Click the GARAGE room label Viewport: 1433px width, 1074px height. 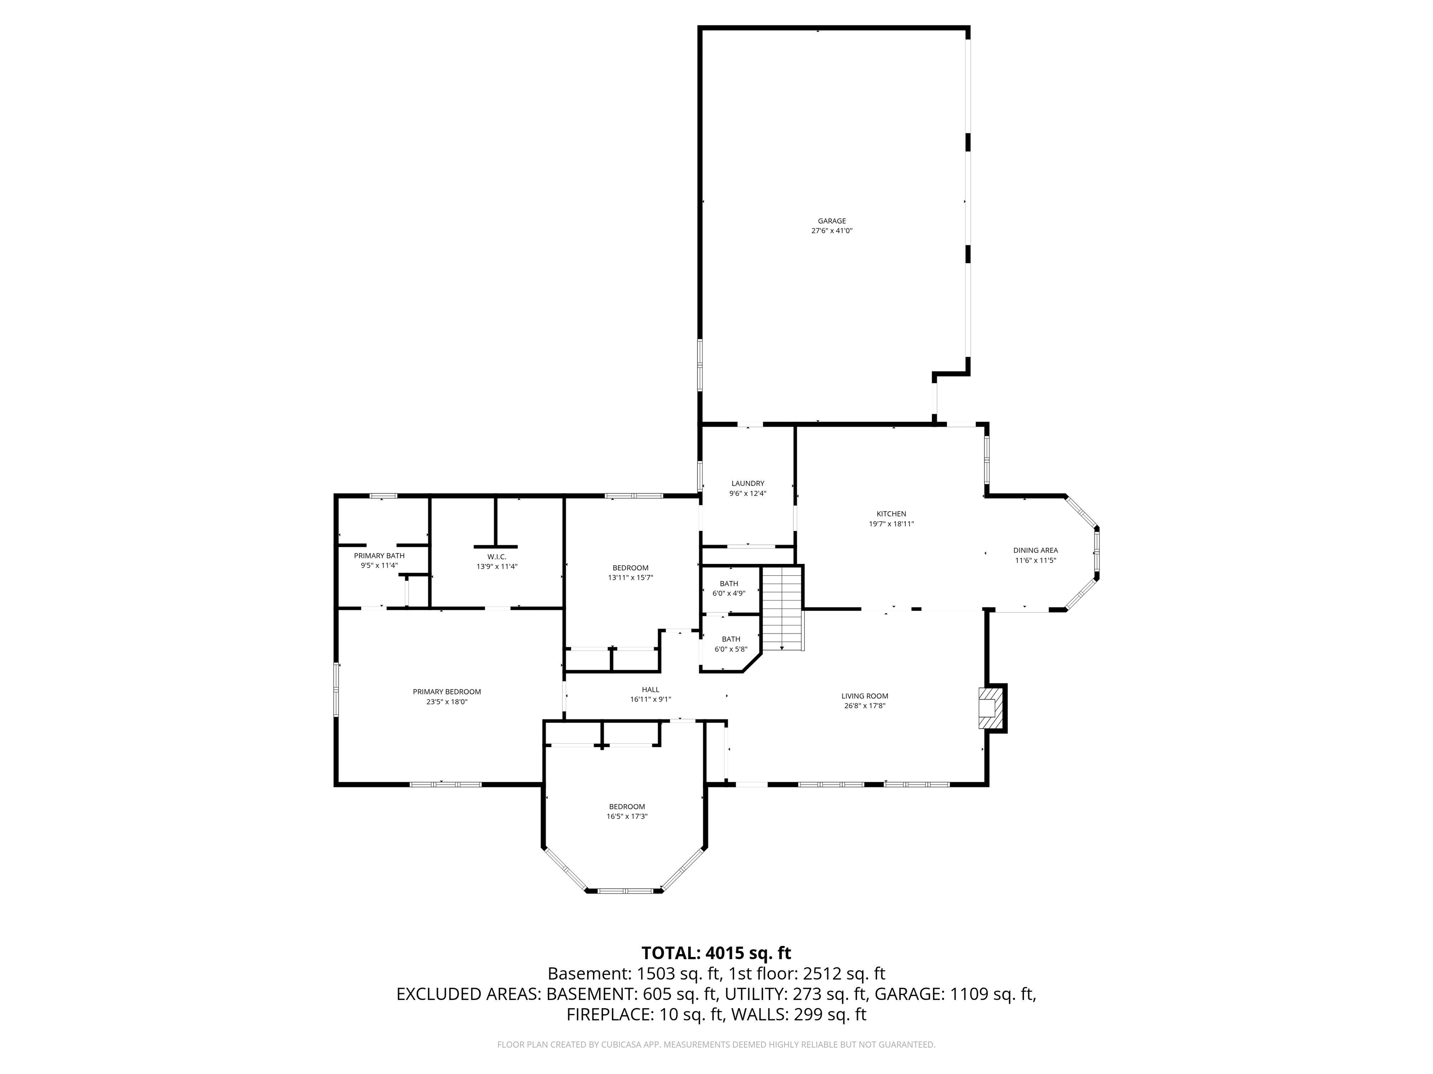tap(832, 221)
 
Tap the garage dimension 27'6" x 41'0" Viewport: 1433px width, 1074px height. tap(832, 230)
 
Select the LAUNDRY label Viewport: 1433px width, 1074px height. tap(748, 483)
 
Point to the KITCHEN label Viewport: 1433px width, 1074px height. tap(891, 514)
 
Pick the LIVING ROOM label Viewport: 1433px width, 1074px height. tap(865, 696)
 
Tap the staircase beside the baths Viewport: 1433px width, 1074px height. tap(783, 608)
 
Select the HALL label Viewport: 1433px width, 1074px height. tap(650, 690)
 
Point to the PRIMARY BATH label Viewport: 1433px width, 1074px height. tap(379, 556)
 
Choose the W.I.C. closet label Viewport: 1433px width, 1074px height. tap(497, 557)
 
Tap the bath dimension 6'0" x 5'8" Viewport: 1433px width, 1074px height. tap(731, 649)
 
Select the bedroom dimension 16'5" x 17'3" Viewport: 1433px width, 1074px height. tap(627, 816)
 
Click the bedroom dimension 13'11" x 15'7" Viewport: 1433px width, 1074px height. tap(630, 578)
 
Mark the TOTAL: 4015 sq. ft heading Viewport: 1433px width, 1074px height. tap(716, 953)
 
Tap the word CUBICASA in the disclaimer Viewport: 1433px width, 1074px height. tap(617, 1044)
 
